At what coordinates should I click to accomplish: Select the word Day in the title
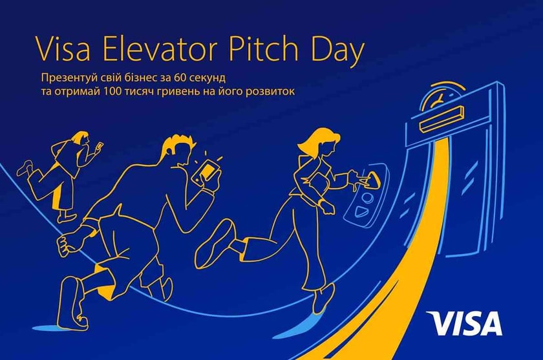click(x=335, y=52)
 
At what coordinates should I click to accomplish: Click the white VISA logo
click(x=464, y=323)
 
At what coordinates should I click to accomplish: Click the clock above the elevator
click(x=440, y=98)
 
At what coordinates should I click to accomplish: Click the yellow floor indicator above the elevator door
click(x=442, y=120)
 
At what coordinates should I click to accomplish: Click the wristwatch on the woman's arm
click(x=321, y=205)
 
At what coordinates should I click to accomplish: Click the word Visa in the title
click(x=63, y=49)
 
